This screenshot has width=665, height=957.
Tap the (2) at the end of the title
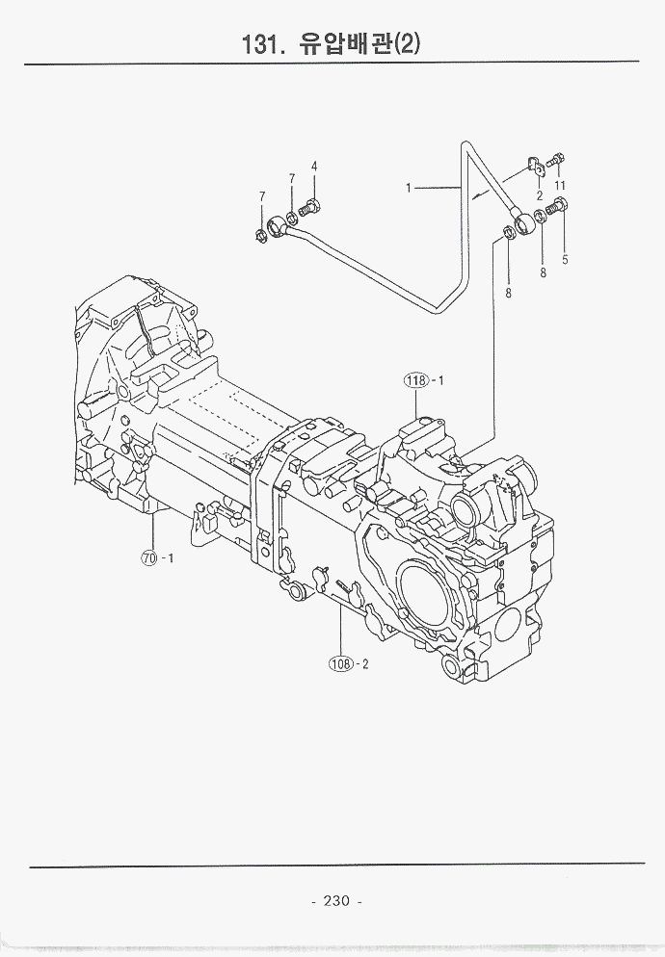(x=409, y=44)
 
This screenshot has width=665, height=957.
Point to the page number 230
(x=336, y=901)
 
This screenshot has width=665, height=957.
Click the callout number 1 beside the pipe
(x=409, y=189)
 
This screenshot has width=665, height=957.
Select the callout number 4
(x=314, y=166)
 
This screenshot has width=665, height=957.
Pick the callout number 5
(x=565, y=259)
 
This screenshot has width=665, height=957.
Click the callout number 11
(x=560, y=185)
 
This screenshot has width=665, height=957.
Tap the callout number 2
(x=540, y=195)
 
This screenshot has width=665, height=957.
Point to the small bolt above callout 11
(x=559, y=160)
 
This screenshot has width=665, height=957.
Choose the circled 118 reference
(x=415, y=381)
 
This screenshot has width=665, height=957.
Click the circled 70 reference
(x=148, y=557)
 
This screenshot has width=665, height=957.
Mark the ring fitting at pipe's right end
(x=525, y=226)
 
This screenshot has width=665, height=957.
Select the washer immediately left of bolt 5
(x=541, y=212)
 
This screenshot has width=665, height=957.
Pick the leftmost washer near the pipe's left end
(x=260, y=235)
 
